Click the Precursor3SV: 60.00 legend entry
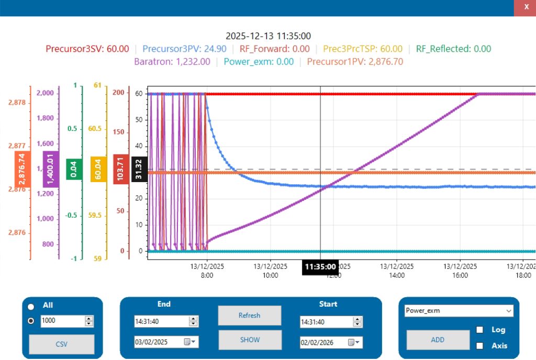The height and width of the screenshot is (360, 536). [x=87, y=49]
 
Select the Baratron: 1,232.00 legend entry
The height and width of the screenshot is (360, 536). [x=172, y=62]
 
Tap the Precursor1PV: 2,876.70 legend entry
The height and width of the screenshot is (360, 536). [x=355, y=62]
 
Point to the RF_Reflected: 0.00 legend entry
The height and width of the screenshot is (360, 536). [x=453, y=49]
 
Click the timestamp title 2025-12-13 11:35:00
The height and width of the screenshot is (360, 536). [x=268, y=36]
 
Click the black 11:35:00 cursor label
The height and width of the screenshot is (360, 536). [x=320, y=267]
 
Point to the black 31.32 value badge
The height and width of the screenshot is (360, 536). [x=139, y=170]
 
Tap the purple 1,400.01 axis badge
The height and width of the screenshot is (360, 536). [x=51, y=169]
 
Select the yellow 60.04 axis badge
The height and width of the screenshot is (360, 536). [x=98, y=169]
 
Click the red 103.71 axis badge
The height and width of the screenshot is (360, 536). [x=121, y=169]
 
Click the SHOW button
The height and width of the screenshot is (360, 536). [x=250, y=340]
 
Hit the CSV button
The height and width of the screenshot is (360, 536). [x=62, y=344]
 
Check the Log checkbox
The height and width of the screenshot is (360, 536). [x=479, y=330]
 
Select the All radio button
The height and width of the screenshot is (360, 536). [x=31, y=307]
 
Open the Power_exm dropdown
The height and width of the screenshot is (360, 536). [x=459, y=311]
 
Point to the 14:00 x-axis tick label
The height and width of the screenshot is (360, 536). [x=397, y=275]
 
